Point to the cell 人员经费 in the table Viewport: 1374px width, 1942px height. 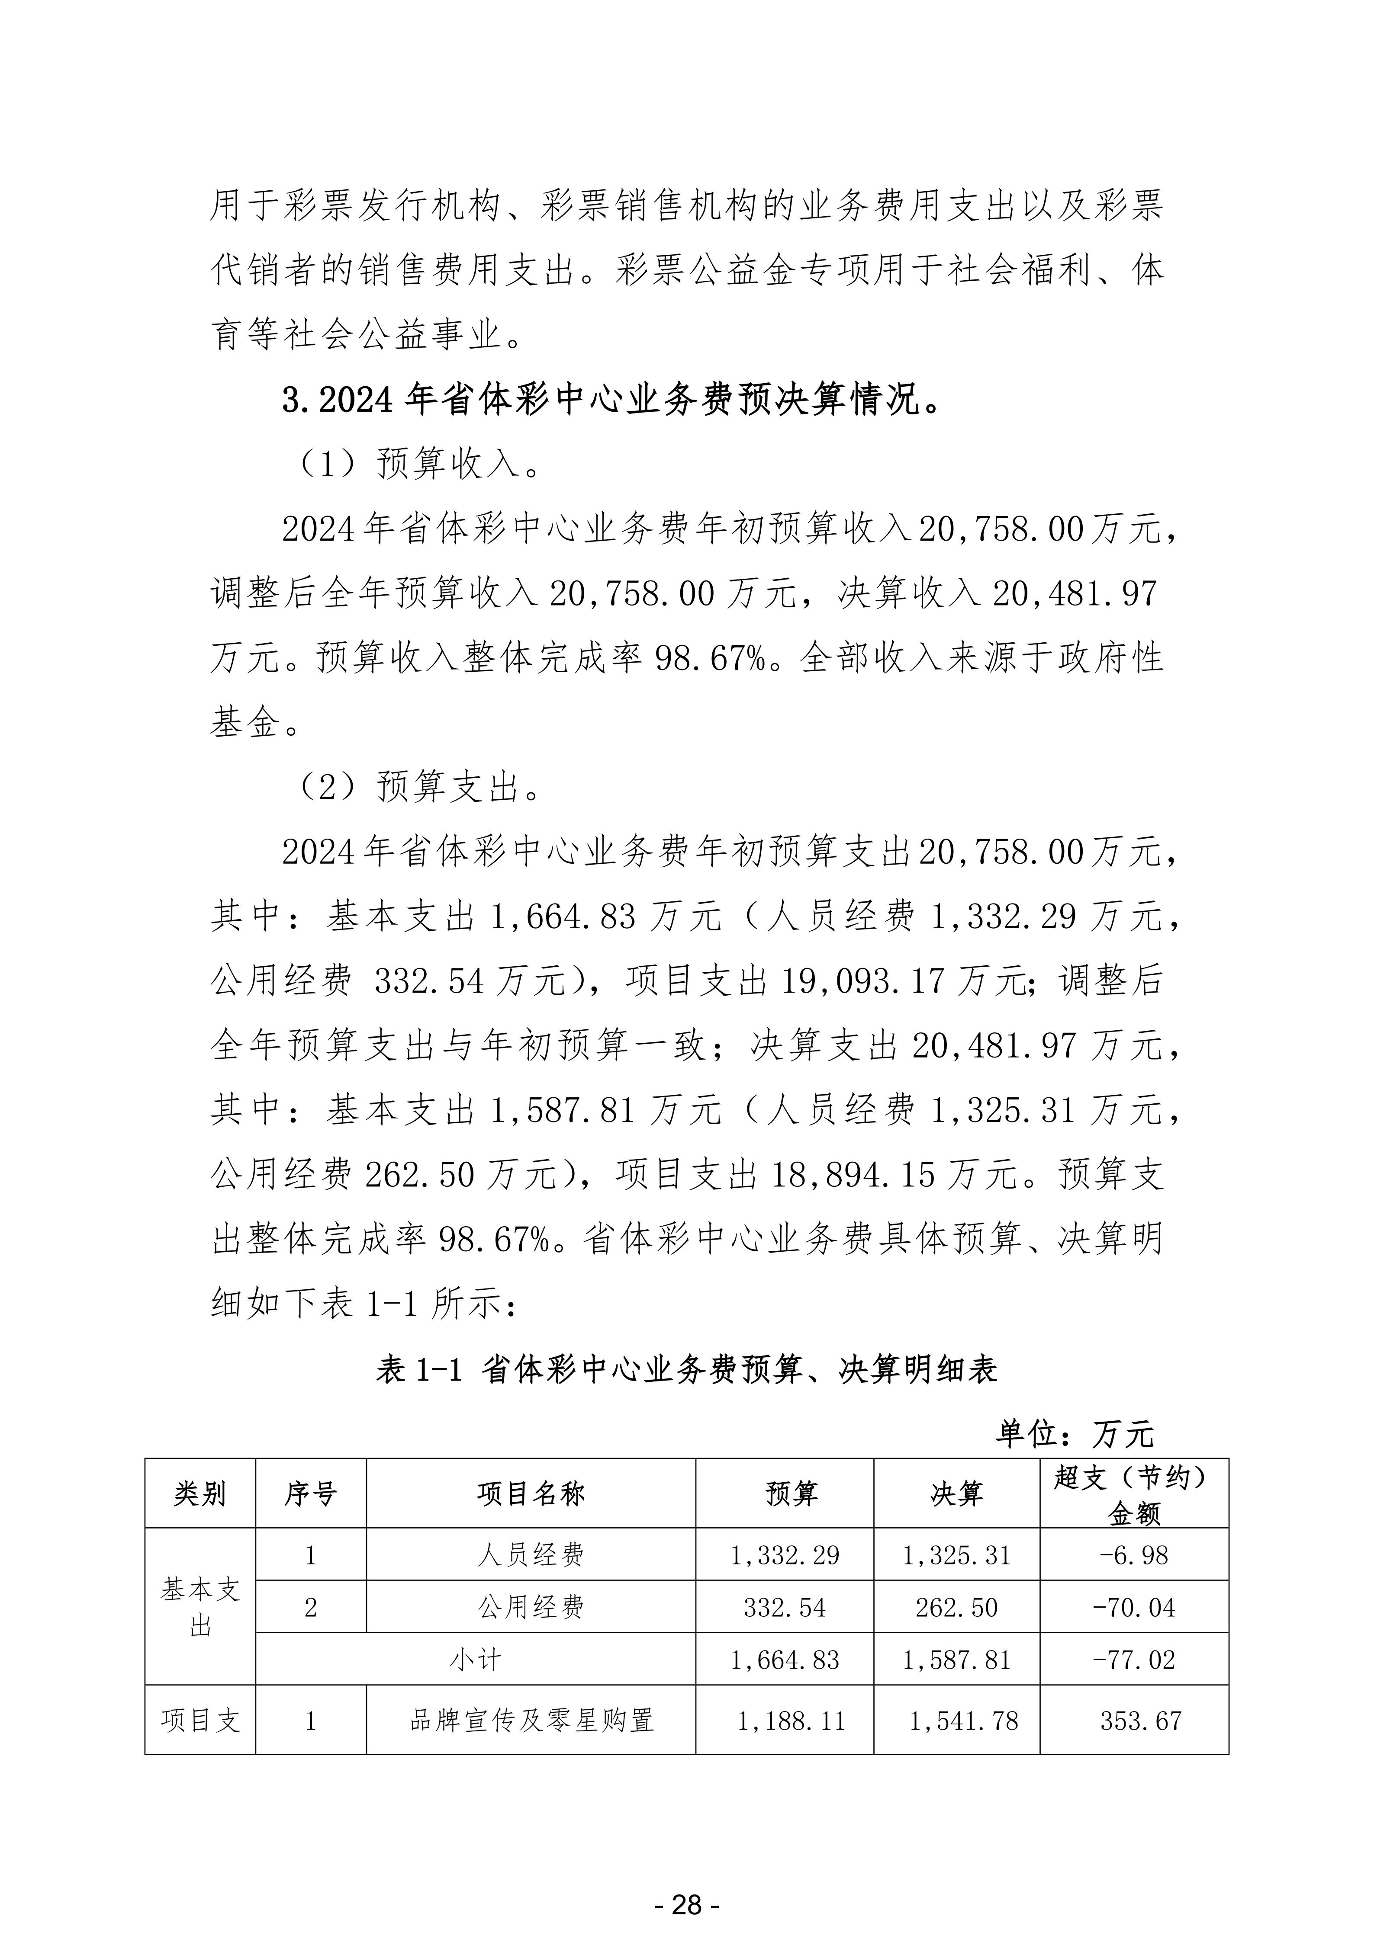point(531,1554)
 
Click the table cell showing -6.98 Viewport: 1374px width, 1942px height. point(1134,1554)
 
